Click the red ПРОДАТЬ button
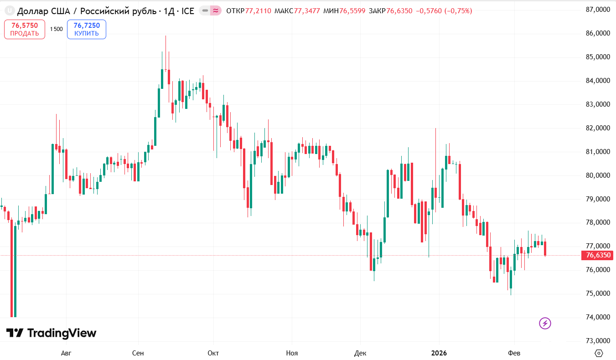(x=25, y=29)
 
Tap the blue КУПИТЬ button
(x=87, y=29)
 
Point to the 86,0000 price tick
(x=597, y=33)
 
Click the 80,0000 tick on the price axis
(x=597, y=175)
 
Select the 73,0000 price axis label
(x=597, y=341)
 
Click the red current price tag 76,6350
(x=598, y=255)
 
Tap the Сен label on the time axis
(x=138, y=353)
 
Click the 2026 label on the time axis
(x=439, y=353)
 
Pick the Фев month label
(x=514, y=353)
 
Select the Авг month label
(x=66, y=353)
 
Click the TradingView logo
(x=51, y=333)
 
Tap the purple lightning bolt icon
(x=545, y=324)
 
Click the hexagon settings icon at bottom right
(x=599, y=353)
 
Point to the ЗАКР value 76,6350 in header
(x=400, y=10)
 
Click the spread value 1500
(x=56, y=29)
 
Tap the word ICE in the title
(x=188, y=10)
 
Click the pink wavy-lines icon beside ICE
(x=216, y=10)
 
